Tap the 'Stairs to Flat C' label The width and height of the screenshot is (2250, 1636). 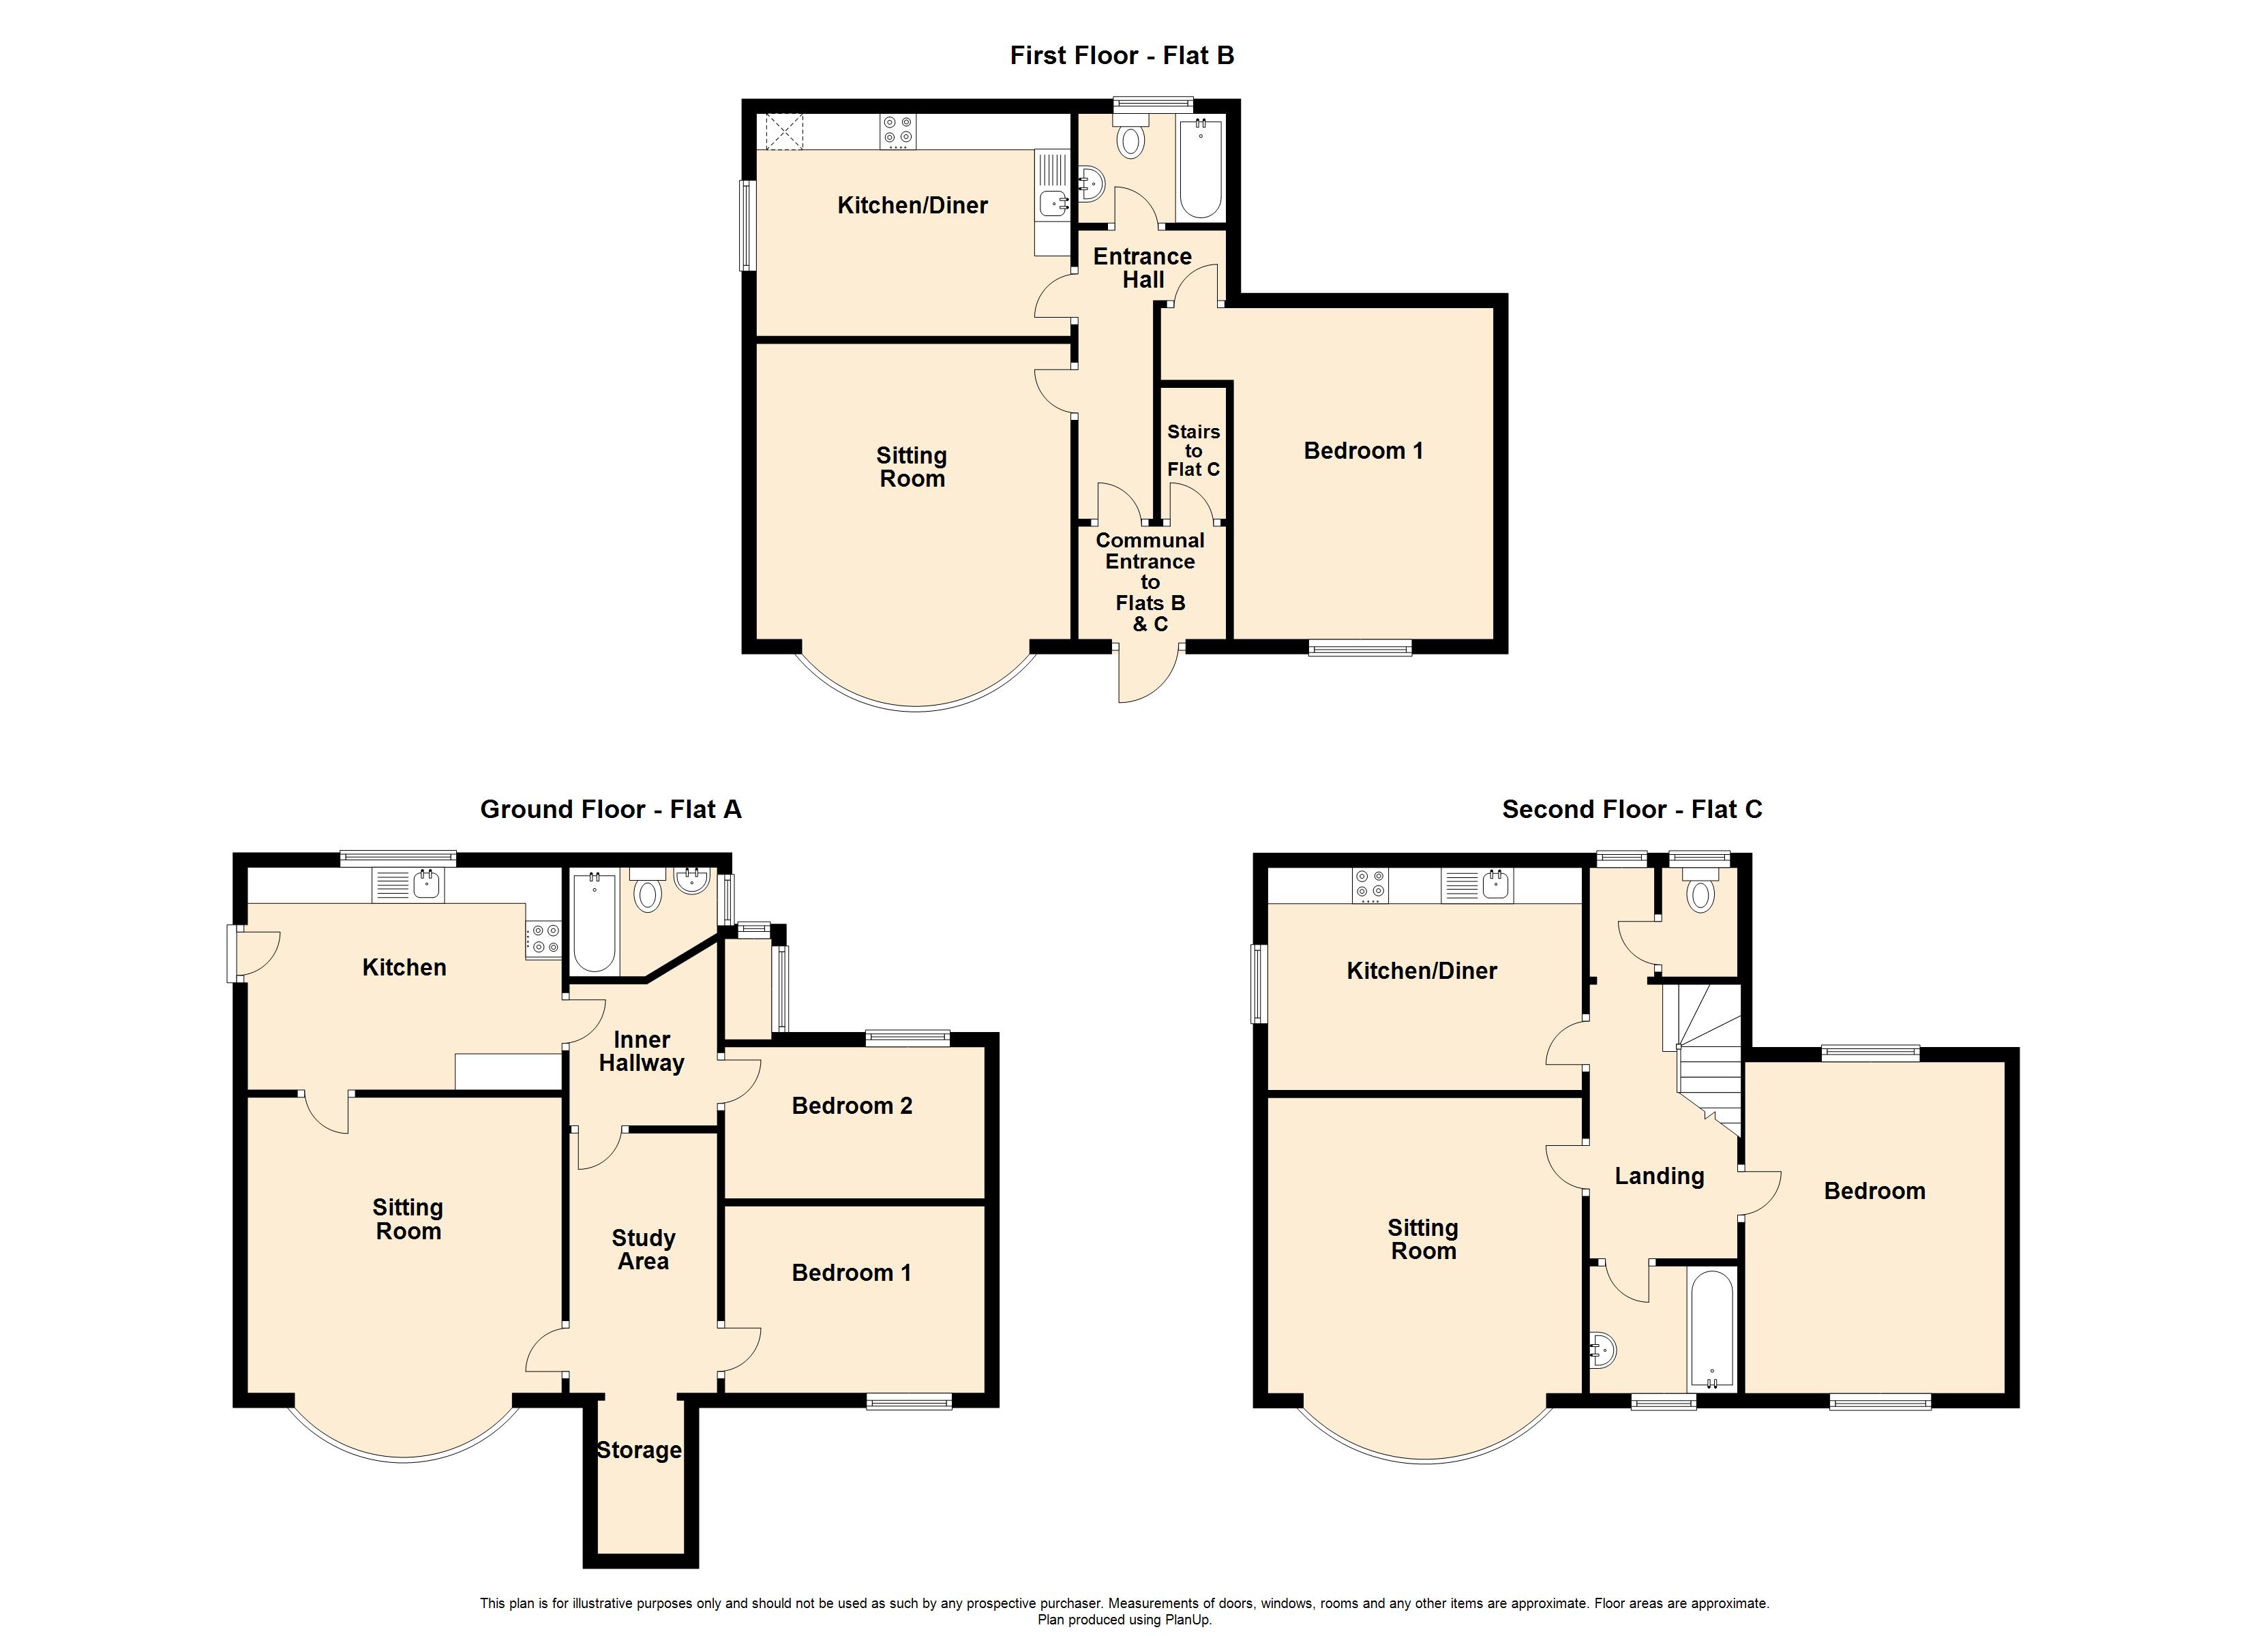pos(1192,451)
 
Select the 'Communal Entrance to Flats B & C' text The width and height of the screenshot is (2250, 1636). pos(1150,581)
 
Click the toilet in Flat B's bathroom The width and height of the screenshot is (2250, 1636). pos(1129,141)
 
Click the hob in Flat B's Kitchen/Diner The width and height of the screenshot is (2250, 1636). pos(899,132)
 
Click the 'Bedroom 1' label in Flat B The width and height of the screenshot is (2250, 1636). pos(1363,451)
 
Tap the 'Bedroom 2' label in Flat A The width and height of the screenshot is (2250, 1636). pos(851,1105)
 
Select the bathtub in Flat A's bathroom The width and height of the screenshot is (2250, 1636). pos(593,921)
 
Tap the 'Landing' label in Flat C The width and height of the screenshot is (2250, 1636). pos(1659,1176)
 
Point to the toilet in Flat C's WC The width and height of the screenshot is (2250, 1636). pos(1700,895)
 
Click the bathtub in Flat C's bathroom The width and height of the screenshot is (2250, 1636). pos(1711,1331)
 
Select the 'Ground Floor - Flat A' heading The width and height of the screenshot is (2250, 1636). pos(610,810)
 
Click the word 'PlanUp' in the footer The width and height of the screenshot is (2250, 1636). pos(1190,1620)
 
